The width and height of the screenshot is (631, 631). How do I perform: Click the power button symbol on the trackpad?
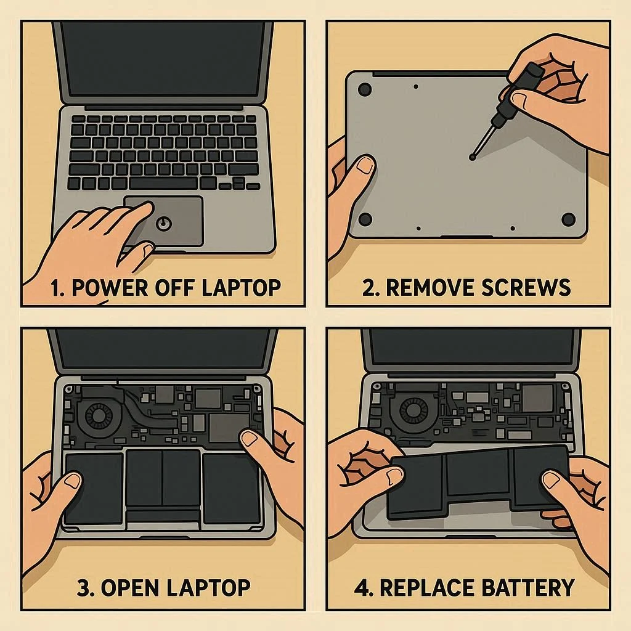pyautogui.click(x=164, y=223)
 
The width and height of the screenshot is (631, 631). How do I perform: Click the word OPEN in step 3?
pyautogui.click(x=129, y=588)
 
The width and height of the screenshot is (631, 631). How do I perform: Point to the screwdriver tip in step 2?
pyautogui.click(x=473, y=157)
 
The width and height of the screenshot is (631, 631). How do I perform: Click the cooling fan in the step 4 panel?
pyautogui.click(x=414, y=411)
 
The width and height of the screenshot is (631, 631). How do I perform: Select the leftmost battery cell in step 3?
pyautogui.click(x=94, y=488)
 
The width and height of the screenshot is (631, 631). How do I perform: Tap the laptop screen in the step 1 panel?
pyautogui.click(x=163, y=59)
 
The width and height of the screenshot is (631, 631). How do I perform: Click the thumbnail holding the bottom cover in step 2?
pyautogui.click(x=365, y=165)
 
